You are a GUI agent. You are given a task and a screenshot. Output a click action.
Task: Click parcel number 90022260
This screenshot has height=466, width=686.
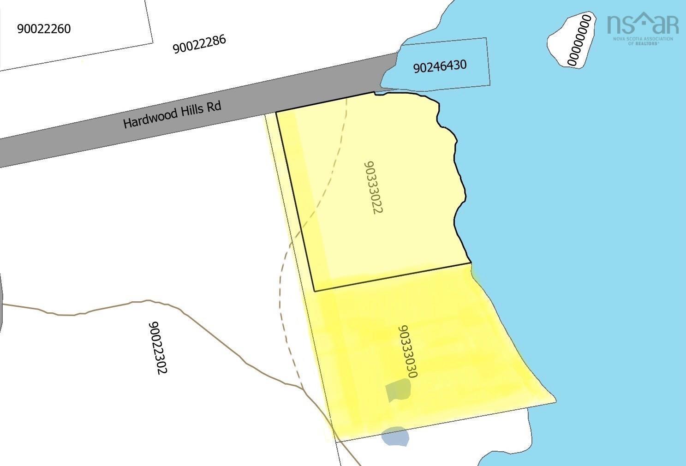44,29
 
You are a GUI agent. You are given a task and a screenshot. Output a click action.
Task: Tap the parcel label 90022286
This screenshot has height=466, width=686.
199,44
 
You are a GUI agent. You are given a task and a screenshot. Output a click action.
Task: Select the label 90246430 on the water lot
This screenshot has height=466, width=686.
440,66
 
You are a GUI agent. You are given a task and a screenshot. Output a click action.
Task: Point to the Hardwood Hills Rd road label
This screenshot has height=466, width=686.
172,114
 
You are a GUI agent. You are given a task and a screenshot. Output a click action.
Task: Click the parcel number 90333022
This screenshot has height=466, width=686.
374,187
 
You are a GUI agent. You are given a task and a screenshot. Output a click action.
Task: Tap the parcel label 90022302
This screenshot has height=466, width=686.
157,347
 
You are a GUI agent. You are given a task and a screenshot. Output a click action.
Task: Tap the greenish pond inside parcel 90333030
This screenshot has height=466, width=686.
398,390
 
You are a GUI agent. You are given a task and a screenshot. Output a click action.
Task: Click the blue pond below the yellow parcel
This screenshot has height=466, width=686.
395,436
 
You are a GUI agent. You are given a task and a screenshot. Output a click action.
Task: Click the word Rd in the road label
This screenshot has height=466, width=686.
214,106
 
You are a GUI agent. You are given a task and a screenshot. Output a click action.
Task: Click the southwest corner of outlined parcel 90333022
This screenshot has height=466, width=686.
315,291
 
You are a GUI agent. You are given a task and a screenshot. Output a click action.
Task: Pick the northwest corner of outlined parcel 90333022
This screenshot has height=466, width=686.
276,112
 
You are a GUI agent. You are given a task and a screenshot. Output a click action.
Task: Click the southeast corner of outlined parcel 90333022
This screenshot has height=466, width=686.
471,263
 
